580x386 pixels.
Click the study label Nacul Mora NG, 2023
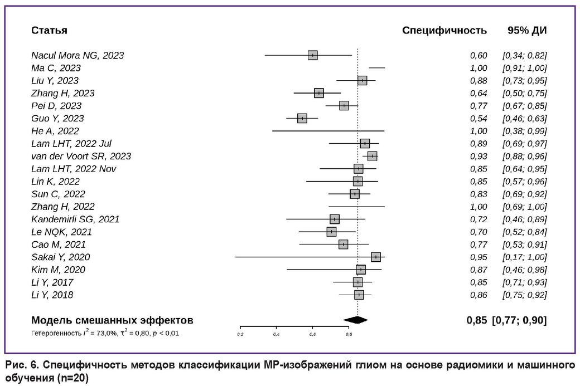coord(78,56)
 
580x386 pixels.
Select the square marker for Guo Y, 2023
coord(302,118)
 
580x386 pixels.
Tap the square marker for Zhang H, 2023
coord(318,93)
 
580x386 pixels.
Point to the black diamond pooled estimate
coord(356,320)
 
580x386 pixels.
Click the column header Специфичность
coord(444,30)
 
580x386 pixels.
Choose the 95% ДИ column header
coord(527,30)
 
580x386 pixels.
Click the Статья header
coord(49,30)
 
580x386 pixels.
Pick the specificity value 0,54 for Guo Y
coord(478,118)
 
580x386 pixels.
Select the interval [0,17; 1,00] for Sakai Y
coord(524,257)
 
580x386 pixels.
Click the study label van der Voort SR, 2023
coord(81,156)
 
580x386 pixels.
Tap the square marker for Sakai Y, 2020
coord(376,257)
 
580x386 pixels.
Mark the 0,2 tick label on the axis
coord(240,334)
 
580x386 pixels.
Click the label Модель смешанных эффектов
coord(112,320)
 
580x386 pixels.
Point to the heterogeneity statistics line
coord(105,333)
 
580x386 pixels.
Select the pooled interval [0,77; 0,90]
coord(519,320)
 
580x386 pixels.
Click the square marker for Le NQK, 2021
coord(331,232)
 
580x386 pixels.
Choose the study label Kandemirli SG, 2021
coord(75,219)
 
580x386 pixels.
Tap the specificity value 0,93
coord(478,156)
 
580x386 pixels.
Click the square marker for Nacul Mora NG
coord(313,55)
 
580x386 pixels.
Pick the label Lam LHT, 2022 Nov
coord(74,169)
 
